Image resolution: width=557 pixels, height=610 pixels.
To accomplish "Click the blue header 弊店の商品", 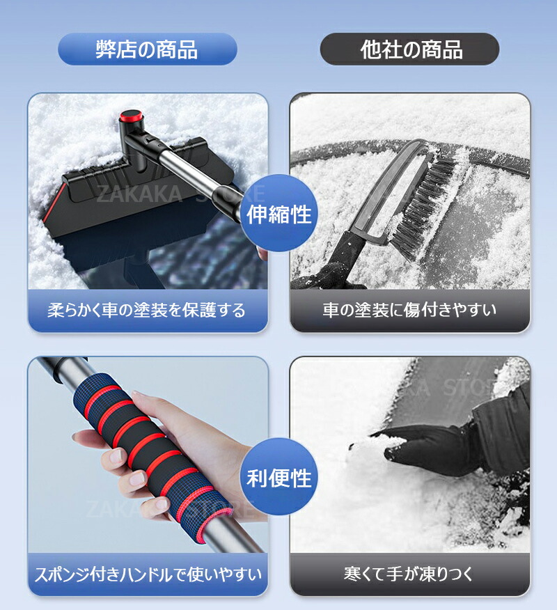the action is click(x=148, y=49).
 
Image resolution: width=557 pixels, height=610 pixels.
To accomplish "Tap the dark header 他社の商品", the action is click(x=409, y=49).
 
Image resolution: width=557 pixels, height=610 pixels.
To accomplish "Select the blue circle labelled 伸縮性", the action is click(x=279, y=213).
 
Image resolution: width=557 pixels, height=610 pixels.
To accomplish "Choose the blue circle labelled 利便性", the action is click(x=279, y=477).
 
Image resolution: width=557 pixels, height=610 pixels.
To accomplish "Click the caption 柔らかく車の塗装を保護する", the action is click(x=147, y=310).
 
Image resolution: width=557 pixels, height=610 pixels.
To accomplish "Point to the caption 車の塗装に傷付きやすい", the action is click(x=409, y=310).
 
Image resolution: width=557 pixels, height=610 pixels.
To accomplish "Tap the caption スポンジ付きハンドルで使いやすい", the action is click(x=148, y=574).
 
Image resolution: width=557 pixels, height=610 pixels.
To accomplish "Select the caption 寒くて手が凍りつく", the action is click(x=409, y=574).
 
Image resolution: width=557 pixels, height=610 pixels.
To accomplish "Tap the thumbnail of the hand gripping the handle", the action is click(x=148, y=455).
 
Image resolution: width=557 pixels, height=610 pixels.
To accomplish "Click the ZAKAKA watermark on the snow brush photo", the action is click(x=139, y=194).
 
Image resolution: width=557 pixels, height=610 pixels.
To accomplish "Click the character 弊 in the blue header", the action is click(x=107, y=49).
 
